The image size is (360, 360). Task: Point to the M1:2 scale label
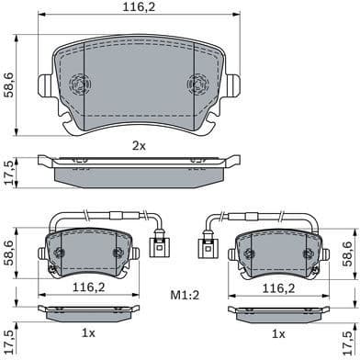(x=186, y=296)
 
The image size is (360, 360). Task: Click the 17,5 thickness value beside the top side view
(x=9, y=172)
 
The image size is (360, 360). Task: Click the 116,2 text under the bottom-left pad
(x=89, y=287)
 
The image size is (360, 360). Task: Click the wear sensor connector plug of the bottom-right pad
(x=205, y=247)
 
